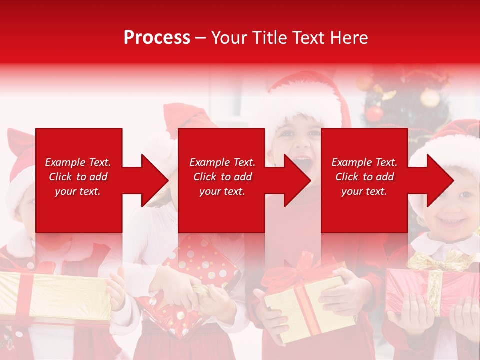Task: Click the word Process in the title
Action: (157, 38)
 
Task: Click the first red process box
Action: (78, 180)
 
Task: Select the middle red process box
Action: (221, 180)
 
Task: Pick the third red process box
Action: (364, 180)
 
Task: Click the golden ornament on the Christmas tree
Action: (430, 98)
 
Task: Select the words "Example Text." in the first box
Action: (78, 162)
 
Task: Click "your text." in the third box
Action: (364, 191)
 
